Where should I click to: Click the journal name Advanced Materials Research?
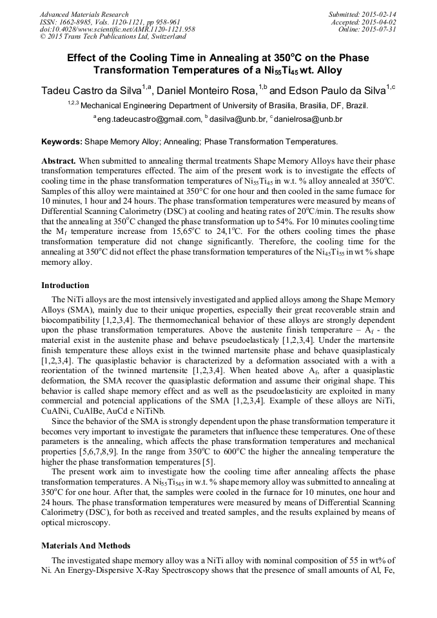(x=84, y=14)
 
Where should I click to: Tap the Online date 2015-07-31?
(x=384, y=30)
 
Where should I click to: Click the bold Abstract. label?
(x=59, y=160)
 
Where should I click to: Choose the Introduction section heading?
(x=65, y=285)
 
